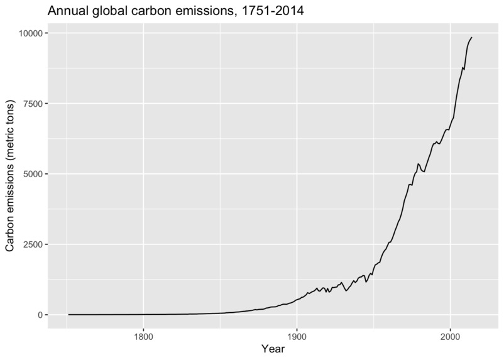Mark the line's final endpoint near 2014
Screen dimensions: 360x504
[x=472, y=38]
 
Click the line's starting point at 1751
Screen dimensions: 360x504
[x=68, y=314]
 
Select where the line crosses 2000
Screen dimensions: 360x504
[x=450, y=125]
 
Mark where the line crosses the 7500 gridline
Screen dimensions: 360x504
[x=456, y=104]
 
